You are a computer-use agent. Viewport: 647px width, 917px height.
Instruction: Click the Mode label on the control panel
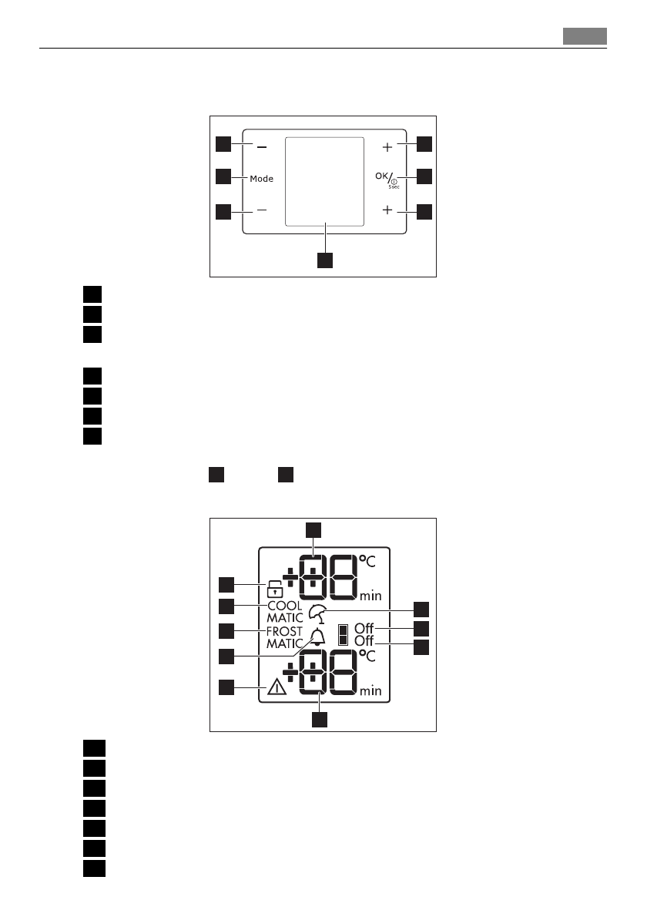point(262,178)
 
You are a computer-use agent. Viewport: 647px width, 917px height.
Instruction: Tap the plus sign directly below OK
point(387,210)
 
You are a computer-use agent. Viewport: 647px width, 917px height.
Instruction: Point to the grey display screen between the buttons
point(324,182)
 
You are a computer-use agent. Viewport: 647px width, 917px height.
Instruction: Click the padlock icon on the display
point(273,590)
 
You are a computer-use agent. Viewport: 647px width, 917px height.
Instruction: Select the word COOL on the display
point(285,606)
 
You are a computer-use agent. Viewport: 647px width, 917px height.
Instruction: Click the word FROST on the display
point(285,631)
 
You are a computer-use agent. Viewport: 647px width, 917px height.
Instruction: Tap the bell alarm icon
point(317,637)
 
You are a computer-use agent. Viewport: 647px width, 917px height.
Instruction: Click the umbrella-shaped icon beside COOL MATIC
point(317,614)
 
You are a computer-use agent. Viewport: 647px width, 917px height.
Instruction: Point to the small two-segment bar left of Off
point(343,635)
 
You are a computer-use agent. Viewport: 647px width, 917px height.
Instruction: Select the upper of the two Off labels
point(364,629)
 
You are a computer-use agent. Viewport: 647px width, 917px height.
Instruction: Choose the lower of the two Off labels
point(364,641)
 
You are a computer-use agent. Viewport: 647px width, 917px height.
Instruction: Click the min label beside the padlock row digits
point(370,596)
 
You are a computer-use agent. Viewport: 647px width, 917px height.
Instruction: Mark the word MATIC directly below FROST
point(285,643)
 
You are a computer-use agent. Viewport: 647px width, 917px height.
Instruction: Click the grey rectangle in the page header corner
point(584,36)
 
